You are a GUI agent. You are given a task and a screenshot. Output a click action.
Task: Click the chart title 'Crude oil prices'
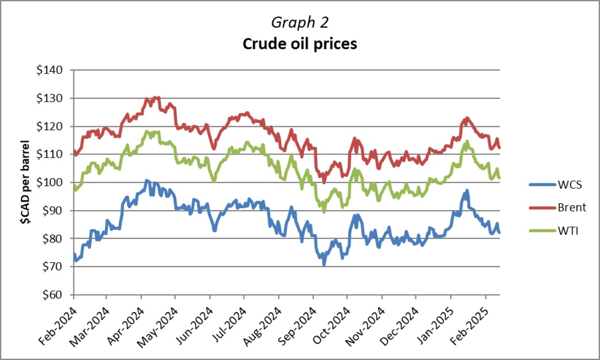pos(300,44)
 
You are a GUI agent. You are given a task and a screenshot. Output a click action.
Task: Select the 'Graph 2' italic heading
pos(300,22)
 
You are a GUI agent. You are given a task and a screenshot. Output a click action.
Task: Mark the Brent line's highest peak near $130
pos(156,97)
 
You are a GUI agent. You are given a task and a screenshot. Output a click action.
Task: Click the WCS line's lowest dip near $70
pos(324,265)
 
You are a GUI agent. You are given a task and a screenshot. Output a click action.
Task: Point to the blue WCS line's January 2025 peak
pos(467,190)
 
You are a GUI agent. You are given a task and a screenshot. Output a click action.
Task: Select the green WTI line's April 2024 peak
pos(147,131)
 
